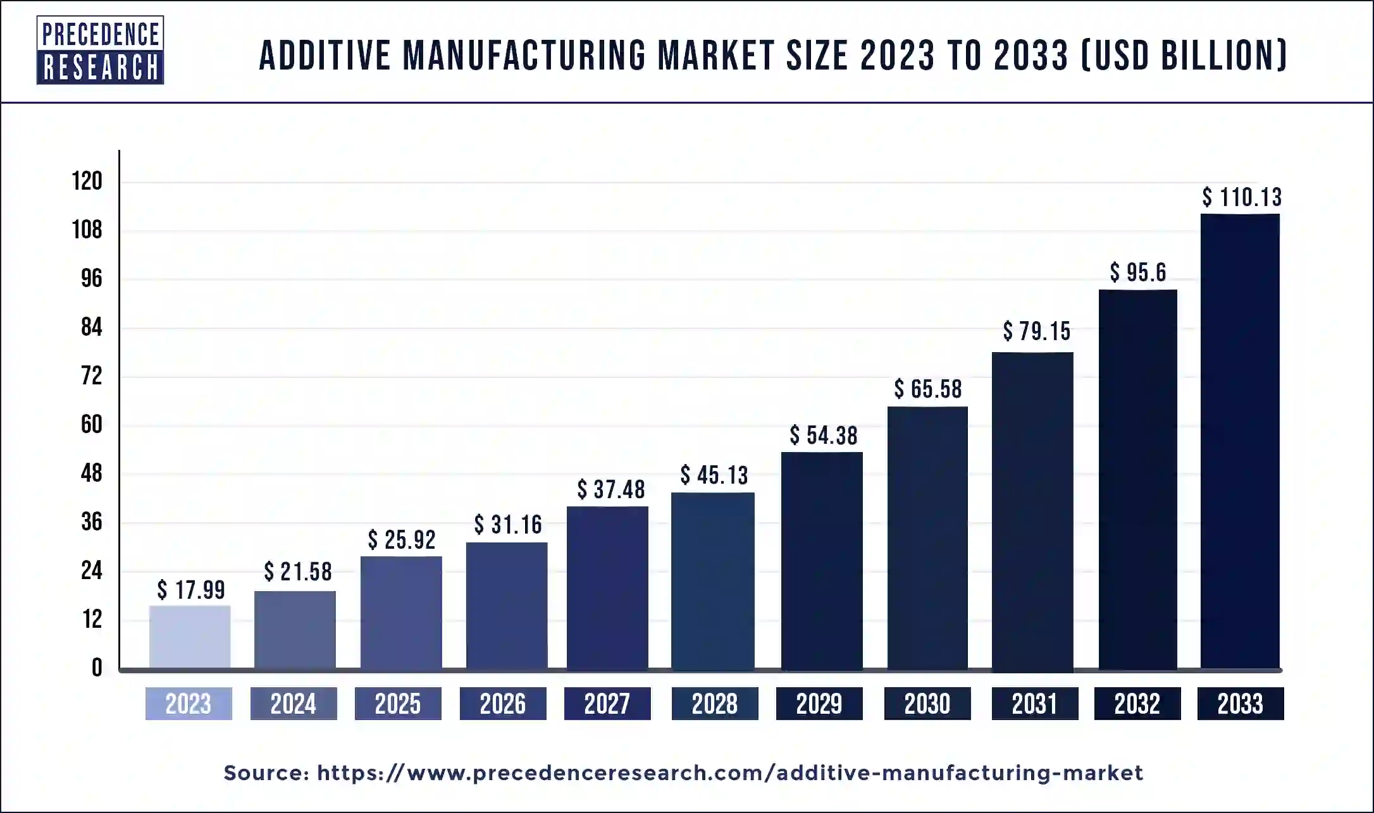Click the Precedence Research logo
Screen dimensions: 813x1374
pos(100,51)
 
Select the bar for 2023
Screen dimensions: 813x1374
pos(190,637)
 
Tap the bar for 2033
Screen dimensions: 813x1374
pos(1240,441)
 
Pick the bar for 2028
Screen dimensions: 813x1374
pos(713,580)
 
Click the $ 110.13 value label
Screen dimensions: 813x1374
pos(1242,197)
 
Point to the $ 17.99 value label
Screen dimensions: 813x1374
pos(191,590)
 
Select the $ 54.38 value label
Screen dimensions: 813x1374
pos(824,436)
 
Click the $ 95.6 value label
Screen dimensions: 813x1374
pos(1138,272)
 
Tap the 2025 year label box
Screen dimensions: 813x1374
pos(398,704)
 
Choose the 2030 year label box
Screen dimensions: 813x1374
pos(927,704)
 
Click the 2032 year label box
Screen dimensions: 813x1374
pos(1137,704)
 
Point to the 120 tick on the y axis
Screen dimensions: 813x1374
pos(87,181)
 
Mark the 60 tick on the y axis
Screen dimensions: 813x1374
pos(91,424)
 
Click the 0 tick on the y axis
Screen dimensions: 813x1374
pos(97,668)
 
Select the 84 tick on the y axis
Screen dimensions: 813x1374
pos(91,327)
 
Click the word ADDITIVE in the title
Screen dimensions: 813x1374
pos(325,55)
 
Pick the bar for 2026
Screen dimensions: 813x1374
pos(507,605)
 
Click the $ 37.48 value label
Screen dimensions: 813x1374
pos(610,489)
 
